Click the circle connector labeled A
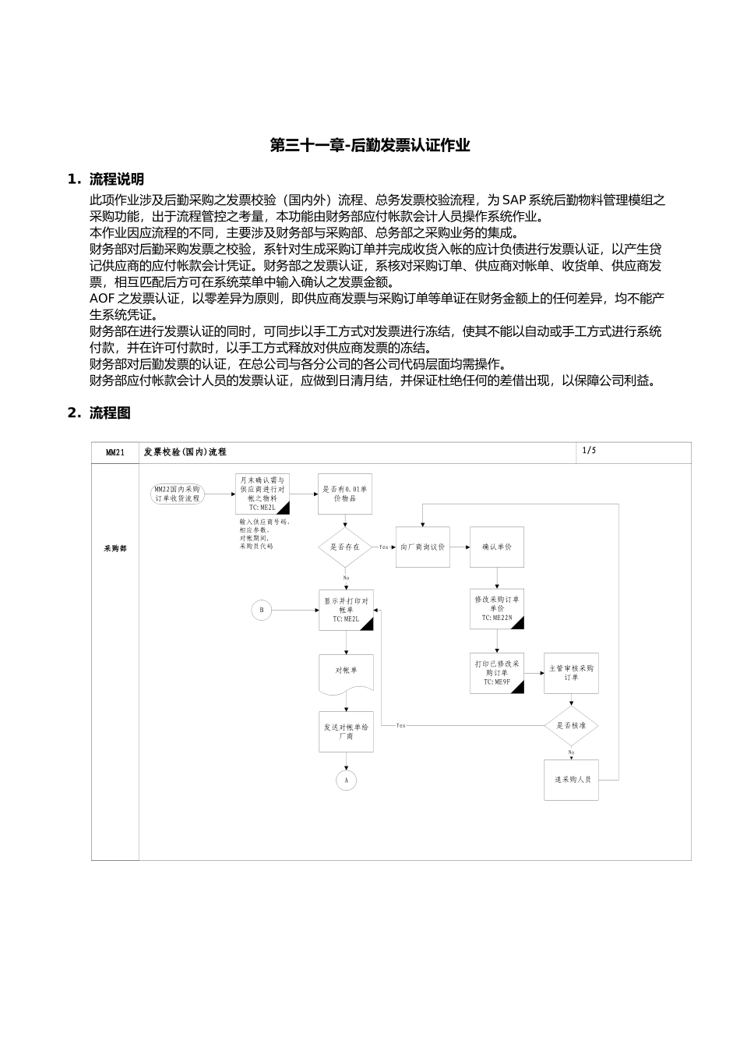[x=346, y=779]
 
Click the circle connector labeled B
[x=262, y=610]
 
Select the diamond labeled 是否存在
[x=346, y=547]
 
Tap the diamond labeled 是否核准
[x=571, y=725]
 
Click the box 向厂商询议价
[x=423, y=547]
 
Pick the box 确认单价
[x=497, y=547]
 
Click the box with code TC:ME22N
[x=497, y=609]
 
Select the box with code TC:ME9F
[x=497, y=673]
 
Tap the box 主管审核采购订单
[x=571, y=673]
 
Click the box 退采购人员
[x=571, y=779]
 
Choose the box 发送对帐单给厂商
[x=346, y=731]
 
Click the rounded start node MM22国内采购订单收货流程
[x=178, y=493]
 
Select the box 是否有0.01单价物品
[x=345, y=494]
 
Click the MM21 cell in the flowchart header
[x=115, y=452]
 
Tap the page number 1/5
[x=588, y=451]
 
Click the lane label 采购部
[x=115, y=548]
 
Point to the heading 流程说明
[x=116, y=179]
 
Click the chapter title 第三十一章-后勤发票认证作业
[x=370, y=145]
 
